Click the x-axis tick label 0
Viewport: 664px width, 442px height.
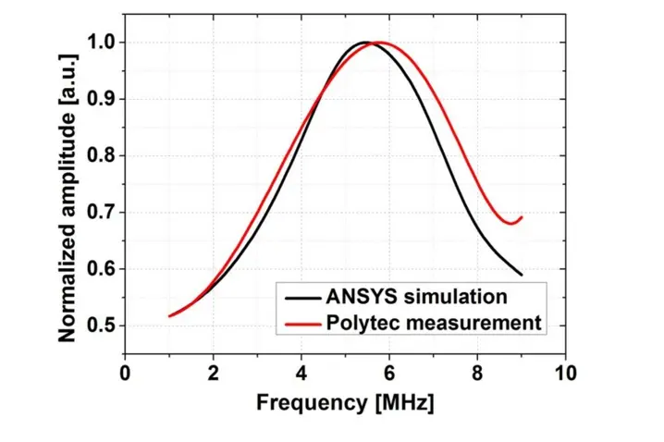tap(126, 373)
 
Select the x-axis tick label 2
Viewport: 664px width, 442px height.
tap(214, 373)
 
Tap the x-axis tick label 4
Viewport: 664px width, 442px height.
tap(301, 373)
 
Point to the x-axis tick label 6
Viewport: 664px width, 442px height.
tap(389, 373)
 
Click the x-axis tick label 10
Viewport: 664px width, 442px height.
tap(565, 373)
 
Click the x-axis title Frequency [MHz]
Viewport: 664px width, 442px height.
tap(345, 404)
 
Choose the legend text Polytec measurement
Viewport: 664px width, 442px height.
tap(433, 323)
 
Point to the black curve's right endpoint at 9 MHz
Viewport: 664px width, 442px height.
tap(522, 275)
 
